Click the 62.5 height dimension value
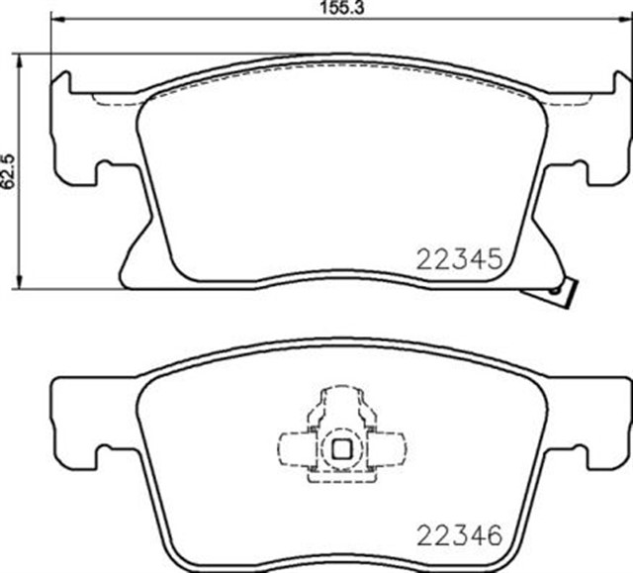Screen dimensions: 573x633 10,171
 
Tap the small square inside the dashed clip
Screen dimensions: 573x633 341,446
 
